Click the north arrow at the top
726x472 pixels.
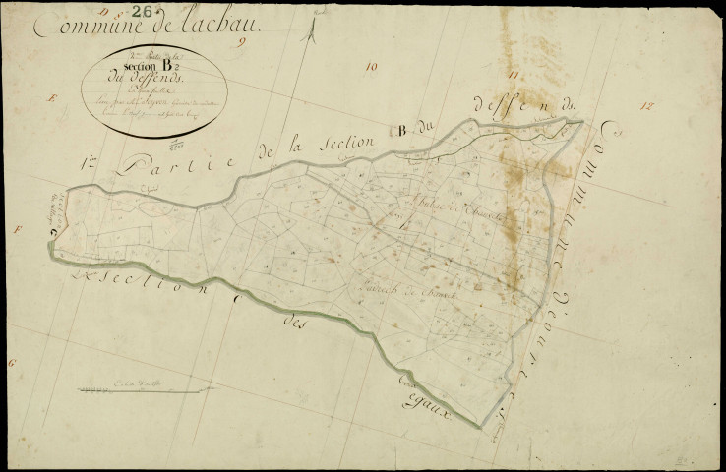(311, 29)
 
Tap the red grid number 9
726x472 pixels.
(252, 43)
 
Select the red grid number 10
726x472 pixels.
(370, 67)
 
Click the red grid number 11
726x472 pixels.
(512, 75)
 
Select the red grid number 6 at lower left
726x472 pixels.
(13, 364)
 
